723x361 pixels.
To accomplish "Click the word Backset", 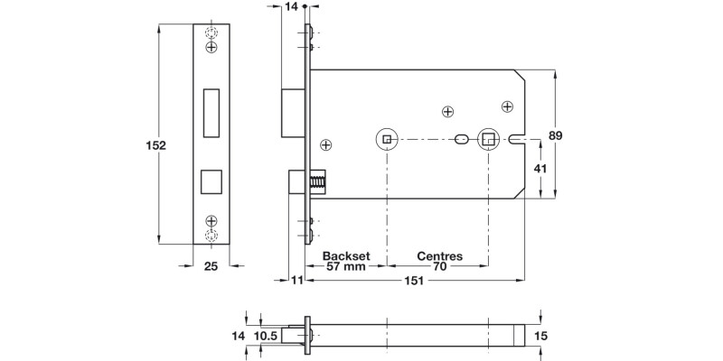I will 346,255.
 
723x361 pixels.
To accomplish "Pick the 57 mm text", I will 346,267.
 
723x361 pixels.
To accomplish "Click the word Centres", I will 439,255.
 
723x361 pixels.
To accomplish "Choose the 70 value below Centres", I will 439,267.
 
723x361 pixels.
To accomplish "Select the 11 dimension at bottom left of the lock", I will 296,282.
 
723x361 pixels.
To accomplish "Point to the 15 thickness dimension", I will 541,336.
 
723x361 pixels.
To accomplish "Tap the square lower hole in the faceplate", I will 211,180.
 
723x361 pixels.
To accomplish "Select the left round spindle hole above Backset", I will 386,140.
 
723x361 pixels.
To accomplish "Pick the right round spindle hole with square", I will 488,139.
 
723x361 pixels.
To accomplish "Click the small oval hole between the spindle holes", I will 461,140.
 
